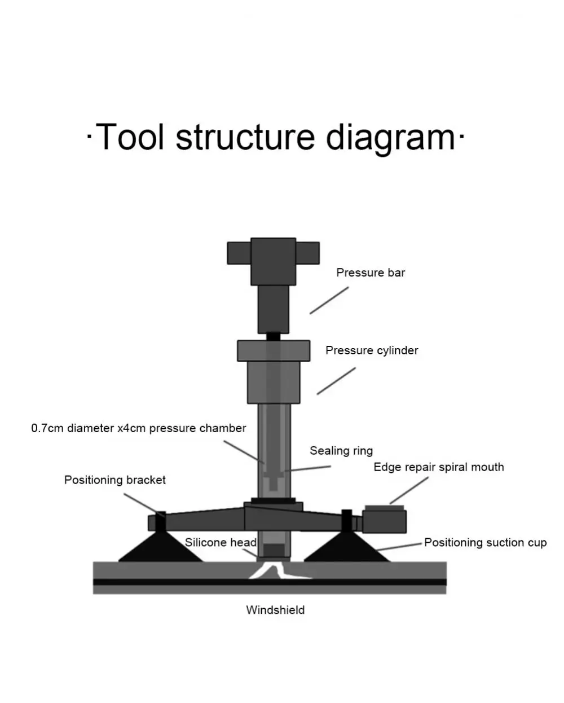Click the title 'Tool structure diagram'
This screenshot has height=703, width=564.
point(275,137)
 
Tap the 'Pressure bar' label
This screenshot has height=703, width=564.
point(371,273)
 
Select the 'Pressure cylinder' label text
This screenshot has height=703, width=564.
point(372,350)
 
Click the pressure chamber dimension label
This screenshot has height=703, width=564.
point(138,428)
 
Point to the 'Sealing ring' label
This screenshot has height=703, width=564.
point(341,451)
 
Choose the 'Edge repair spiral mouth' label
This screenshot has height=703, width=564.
point(438,467)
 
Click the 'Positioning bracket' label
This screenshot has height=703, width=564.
point(114,480)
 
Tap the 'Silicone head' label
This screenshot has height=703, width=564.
point(221,543)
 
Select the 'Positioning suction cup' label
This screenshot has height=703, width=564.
point(485,543)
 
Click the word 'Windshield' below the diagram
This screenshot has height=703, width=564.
point(275,610)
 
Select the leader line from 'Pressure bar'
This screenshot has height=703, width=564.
point(329,300)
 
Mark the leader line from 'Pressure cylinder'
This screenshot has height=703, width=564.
point(336,381)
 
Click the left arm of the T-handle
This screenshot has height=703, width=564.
point(239,253)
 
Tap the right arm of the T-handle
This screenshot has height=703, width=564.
point(307,253)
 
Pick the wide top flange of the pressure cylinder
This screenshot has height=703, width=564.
point(274,350)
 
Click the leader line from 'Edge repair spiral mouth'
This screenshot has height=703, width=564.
point(409,490)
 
